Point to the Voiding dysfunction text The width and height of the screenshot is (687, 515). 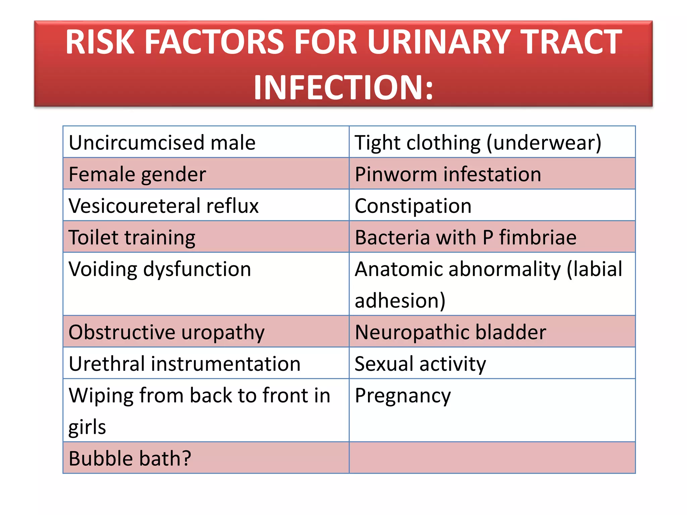160,269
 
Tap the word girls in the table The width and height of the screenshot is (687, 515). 87,427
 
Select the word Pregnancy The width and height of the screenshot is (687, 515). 403,396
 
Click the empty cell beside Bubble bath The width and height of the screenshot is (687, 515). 492,458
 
